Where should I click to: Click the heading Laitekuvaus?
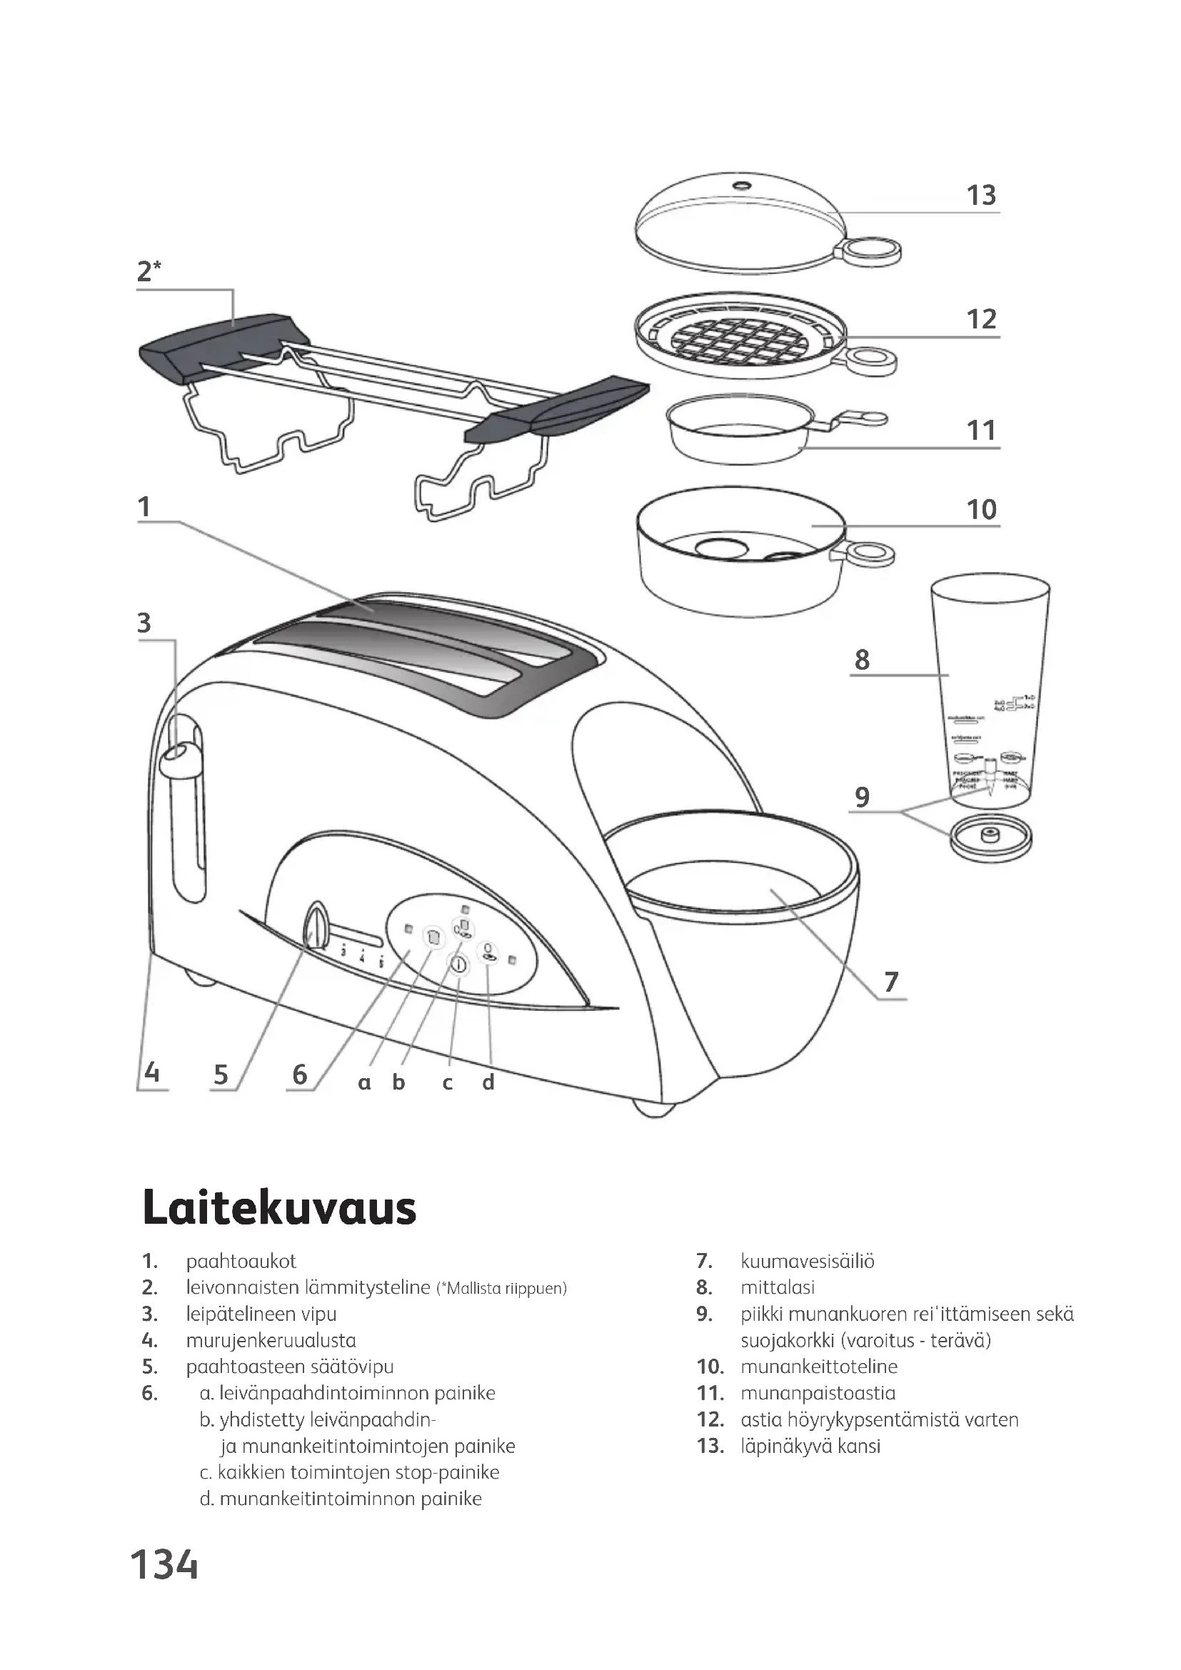279,1208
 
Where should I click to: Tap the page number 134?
164,1565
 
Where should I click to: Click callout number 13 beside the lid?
980,195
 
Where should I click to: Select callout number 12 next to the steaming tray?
980,319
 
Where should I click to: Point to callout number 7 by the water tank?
892,981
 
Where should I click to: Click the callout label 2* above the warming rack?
149,271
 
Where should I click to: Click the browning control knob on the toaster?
316,926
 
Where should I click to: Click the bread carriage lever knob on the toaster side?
178,756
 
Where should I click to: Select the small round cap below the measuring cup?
990,837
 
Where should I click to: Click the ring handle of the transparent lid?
872,251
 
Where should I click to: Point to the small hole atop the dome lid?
743,184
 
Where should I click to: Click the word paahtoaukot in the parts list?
241,1261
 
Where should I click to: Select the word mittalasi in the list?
778,1287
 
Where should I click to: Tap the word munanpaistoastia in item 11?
818,1393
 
